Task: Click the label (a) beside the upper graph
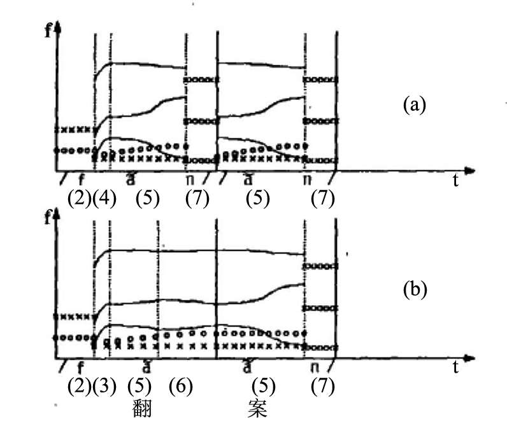coord(413,104)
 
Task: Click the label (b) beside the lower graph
coord(414,290)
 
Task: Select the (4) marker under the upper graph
coord(104,199)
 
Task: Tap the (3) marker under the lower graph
coord(104,386)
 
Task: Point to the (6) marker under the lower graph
coord(181,386)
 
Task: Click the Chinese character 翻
coord(143,408)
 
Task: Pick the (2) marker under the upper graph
coord(79,199)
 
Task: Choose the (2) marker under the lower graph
coord(79,386)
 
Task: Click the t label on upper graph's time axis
coord(455,181)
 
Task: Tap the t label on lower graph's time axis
coord(455,368)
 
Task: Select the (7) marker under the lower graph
coord(322,386)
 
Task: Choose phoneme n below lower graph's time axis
coord(315,368)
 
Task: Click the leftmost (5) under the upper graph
coord(148,199)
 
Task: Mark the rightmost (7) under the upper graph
coord(322,199)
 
